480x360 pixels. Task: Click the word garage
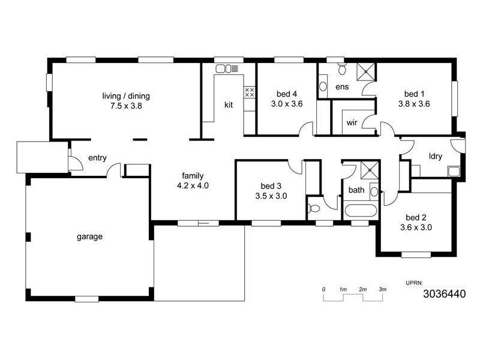pyautogui.click(x=89, y=236)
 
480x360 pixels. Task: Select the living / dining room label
pyautogui.click(x=126, y=96)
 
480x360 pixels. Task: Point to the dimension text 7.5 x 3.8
pyautogui.click(x=126, y=106)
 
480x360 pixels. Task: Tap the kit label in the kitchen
pyautogui.click(x=229, y=105)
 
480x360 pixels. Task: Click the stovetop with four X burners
pyautogui.click(x=250, y=92)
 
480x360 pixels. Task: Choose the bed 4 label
pyautogui.click(x=287, y=94)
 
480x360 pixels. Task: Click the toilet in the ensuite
pyautogui.click(x=343, y=69)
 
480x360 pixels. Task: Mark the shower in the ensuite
pyautogui.click(x=365, y=70)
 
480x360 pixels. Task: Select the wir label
pyautogui.click(x=352, y=124)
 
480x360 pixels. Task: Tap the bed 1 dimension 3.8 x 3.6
pyautogui.click(x=414, y=103)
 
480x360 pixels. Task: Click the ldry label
pyautogui.click(x=435, y=157)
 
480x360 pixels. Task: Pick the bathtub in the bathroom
pyautogui.click(x=360, y=212)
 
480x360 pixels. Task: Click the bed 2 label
pyautogui.click(x=415, y=217)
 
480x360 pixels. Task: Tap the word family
pyautogui.click(x=193, y=176)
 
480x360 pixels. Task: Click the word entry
pyautogui.click(x=97, y=158)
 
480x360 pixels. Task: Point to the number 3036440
pyautogui.click(x=443, y=294)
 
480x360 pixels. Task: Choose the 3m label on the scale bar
pyautogui.click(x=382, y=290)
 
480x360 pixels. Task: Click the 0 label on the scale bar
pyautogui.click(x=324, y=290)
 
